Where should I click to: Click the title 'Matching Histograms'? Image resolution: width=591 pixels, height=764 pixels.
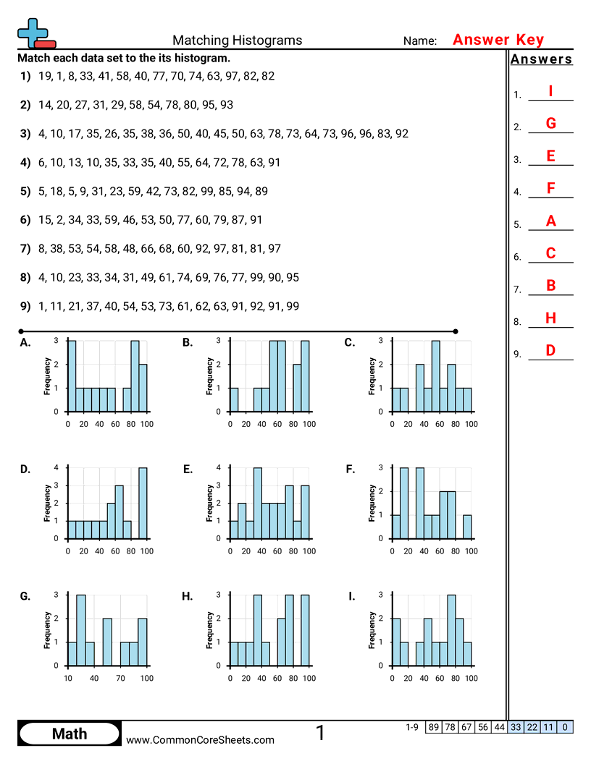click(237, 41)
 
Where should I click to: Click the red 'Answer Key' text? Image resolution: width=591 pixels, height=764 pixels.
click(498, 40)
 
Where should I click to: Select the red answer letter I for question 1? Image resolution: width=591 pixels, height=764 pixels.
click(550, 91)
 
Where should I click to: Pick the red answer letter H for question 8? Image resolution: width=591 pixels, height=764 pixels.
click(550, 318)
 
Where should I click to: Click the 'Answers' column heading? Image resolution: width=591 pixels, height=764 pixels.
click(541, 59)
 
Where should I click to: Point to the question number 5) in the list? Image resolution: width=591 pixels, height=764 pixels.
click(25, 191)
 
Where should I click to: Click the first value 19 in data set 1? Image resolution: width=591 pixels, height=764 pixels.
click(44, 76)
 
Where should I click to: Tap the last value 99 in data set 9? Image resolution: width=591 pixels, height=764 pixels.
click(292, 306)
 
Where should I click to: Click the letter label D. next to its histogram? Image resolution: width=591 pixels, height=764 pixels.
click(25, 470)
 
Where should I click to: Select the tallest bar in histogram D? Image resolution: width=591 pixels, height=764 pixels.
click(143, 504)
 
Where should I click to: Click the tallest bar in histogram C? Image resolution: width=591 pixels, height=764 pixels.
click(435, 376)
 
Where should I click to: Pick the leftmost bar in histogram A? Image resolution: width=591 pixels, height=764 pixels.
click(71, 376)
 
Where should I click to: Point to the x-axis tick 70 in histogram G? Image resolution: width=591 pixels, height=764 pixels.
click(120, 678)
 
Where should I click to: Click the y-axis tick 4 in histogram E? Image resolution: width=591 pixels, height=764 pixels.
click(219, 468)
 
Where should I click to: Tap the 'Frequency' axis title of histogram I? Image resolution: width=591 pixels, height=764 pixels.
click(372, 630)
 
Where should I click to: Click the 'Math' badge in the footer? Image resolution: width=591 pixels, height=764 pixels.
click(70, 734)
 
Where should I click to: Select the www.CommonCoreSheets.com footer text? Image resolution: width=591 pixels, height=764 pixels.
click(201, 739)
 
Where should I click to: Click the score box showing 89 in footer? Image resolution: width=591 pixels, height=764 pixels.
click(433, 726)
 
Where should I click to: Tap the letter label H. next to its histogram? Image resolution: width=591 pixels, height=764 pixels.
click(188, 597)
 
